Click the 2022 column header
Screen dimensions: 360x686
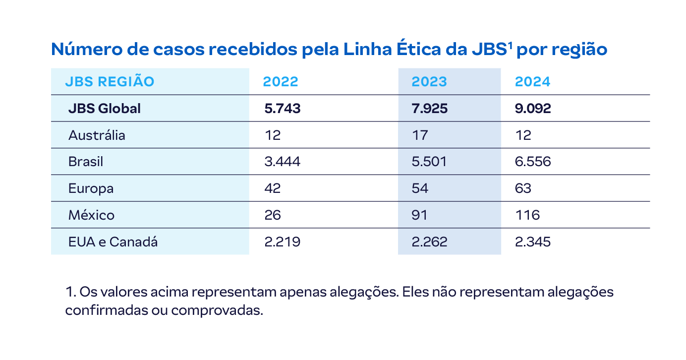[281, 82]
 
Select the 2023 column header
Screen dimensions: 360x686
[429, 82]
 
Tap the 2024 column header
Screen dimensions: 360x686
[532, 82]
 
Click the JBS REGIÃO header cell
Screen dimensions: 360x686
[110, 82]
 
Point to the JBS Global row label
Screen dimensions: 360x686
[105, 109]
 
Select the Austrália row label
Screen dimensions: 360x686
[97, 135]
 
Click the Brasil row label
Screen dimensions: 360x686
[86, 162]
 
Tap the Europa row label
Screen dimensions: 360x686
[91, 189]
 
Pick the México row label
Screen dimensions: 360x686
[92, 215]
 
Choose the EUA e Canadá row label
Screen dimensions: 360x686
[113, 242]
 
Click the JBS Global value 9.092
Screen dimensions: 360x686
[533, 109]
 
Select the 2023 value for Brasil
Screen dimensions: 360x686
[429, 162]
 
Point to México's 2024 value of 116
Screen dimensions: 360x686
[527, 215]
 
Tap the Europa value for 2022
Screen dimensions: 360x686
[273, 189]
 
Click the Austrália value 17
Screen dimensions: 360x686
[419, 135]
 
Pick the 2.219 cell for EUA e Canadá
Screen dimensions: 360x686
[283, 242]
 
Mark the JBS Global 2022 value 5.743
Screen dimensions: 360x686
[283, 109]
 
